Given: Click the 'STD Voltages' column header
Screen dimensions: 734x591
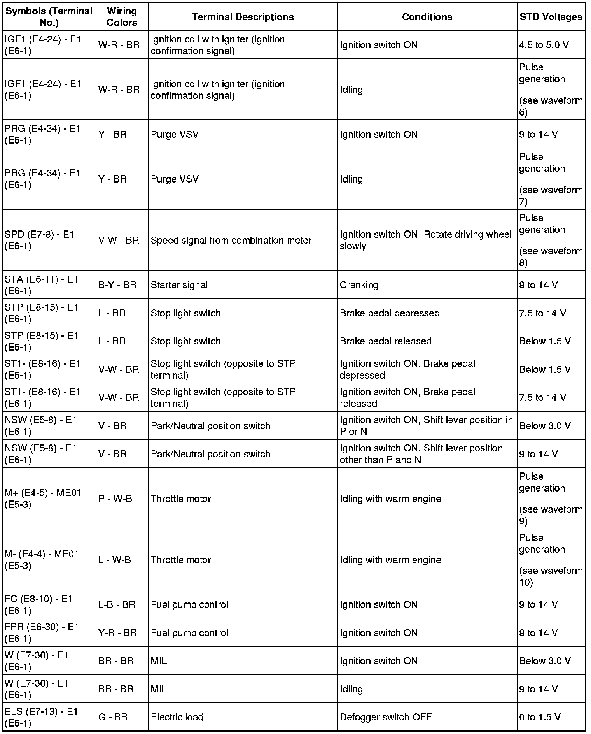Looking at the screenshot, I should (551, 17).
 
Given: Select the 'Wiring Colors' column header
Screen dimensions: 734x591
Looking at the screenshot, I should (122, 17).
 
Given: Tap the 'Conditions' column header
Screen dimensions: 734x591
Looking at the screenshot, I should (427, 17).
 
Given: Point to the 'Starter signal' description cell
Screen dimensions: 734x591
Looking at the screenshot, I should (179, 285).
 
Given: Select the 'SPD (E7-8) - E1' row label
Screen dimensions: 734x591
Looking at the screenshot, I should (39, 240).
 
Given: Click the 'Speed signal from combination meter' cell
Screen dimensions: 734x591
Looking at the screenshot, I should (231, 240).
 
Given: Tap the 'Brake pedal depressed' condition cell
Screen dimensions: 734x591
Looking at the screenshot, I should (390, 313).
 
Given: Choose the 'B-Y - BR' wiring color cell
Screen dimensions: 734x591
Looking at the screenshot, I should (117, 285).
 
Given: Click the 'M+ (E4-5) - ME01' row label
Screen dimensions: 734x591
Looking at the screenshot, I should (43, 499).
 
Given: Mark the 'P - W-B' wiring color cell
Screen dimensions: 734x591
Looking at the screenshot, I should (115, 499).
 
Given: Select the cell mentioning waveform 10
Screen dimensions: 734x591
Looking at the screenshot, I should (551, 560).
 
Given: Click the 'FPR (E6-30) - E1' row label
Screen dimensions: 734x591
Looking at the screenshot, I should (42, 632).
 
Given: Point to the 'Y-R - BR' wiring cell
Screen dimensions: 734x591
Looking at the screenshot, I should (117, 633).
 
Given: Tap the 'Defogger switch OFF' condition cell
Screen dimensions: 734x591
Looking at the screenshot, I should (385, 717).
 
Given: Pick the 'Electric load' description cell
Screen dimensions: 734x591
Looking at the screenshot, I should (177, 717).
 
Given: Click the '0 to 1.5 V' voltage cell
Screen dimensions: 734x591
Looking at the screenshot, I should (540, 717).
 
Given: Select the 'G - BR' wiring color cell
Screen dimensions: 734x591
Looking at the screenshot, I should (113, 717).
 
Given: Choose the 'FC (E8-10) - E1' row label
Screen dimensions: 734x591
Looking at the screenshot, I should (38, 604).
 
